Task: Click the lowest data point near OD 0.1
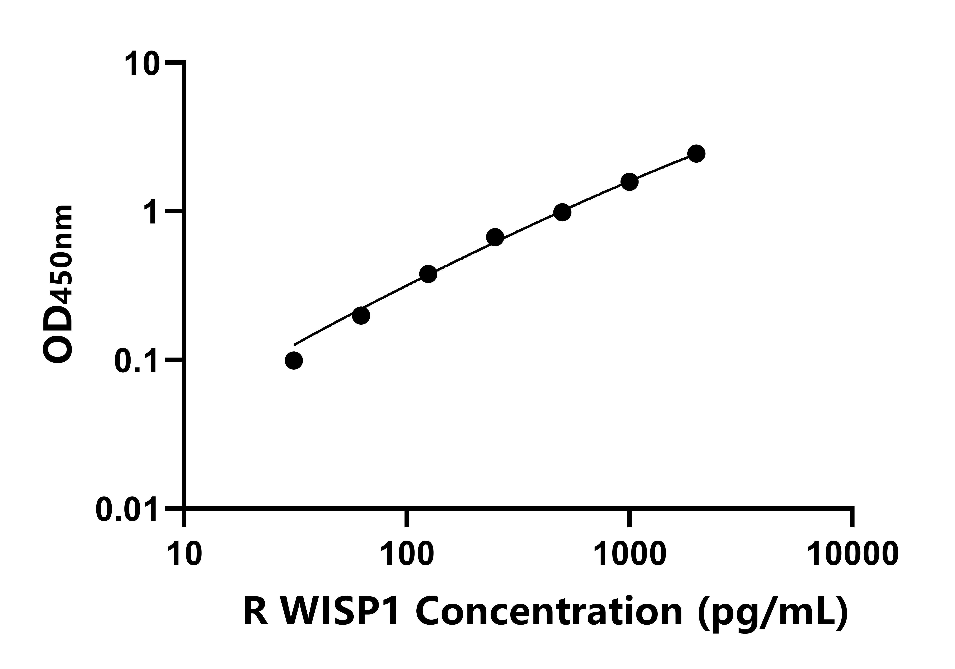tap(294, 361)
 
